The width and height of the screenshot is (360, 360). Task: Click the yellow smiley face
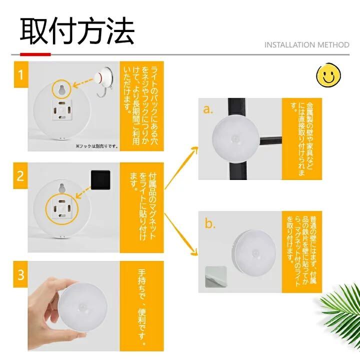coord(328,75)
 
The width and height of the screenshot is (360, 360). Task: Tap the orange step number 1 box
coord(21,74)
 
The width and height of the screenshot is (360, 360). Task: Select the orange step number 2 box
coord(20,176)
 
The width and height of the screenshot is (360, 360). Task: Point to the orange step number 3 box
coord(20,274)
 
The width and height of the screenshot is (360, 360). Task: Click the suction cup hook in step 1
coord(103,81)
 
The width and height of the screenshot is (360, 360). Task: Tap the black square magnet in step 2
coord(100,180)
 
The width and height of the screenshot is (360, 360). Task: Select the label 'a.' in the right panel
coord(208,109)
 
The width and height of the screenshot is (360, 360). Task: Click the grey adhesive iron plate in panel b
coord(215,276)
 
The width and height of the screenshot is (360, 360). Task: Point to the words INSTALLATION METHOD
coord(306,45)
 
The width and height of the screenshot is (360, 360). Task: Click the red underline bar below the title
coord(35,54)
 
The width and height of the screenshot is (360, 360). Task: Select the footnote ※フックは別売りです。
coord(96,146)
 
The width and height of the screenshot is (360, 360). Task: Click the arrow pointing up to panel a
coord(181,168)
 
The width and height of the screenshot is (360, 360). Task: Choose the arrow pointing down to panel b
coord(181,234)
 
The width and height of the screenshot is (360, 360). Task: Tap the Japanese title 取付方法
coord(77,31)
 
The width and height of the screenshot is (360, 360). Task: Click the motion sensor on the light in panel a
coord(235,139)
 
